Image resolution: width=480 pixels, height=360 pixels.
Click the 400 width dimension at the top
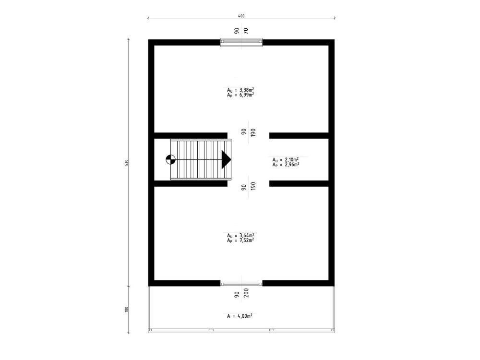click(241, 16)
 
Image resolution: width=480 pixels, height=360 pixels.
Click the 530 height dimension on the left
click(126, 163)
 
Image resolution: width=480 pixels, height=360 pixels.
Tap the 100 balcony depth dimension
click(126, 309)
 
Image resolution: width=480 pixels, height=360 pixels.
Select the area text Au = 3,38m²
click(240, 90)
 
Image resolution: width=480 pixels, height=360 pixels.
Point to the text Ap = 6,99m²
click(240, 95)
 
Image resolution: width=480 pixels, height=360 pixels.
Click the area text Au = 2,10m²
click(286, 159)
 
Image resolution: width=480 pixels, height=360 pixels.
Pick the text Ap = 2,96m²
click(286, 165)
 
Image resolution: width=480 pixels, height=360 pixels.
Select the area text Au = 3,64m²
click(240, 235)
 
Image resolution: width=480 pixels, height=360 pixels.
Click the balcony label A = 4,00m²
click(240, 316)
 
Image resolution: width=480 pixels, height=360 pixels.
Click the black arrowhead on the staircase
click(226, 159)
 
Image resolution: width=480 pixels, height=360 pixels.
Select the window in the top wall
click(241, 42)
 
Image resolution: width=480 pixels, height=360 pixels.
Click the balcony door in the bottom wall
click(241, 284)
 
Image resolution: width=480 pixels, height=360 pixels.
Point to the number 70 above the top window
click(246, 31)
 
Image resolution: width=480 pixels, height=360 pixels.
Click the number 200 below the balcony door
click(246, 294)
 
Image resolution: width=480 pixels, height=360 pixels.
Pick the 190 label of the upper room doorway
click(253, 132)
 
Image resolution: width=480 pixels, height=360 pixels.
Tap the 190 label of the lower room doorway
click(253, 186)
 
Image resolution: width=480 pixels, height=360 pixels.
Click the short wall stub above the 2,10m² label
click(299, 136)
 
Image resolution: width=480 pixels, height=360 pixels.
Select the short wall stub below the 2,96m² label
click(299, 183)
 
